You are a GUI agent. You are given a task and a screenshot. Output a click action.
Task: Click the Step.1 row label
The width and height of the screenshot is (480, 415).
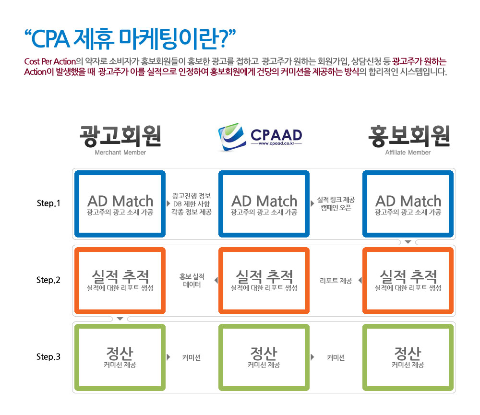[x=48, y=203]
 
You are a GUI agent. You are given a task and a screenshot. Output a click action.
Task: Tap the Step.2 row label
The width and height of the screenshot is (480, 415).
[x=48, y=280]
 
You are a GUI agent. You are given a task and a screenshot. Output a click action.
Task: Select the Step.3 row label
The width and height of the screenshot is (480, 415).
[x=48, y=357]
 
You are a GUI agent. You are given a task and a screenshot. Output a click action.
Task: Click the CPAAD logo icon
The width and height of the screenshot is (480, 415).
[x=232, y=137]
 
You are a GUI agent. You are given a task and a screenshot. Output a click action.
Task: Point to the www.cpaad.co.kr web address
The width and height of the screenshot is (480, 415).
[x=276, y=143]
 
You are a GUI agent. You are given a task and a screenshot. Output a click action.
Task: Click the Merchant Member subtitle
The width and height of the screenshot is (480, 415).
[x=120, y=153]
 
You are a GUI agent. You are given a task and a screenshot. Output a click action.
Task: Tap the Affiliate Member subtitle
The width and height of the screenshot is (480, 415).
[x=408, y=153]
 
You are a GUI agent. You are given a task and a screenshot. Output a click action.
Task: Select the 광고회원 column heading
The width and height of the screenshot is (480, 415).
[x=120, y=136]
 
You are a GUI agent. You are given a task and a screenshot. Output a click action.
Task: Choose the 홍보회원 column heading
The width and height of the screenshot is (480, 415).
[x=409, y=136]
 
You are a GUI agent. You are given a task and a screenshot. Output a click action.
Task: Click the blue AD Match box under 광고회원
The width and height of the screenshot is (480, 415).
[x=77, y=204]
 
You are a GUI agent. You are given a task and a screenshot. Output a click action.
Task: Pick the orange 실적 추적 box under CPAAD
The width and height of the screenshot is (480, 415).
[x=221, y=281]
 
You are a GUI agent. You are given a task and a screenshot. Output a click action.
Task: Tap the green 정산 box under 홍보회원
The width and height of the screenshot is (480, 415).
[x=365, y=357]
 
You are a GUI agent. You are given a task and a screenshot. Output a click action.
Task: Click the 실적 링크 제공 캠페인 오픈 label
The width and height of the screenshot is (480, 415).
[x=336, y=204]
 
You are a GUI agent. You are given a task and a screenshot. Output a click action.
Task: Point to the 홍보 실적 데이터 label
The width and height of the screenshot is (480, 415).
[x=192, y=281]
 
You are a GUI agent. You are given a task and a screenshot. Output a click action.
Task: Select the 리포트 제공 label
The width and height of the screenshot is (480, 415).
[x=336, y=281]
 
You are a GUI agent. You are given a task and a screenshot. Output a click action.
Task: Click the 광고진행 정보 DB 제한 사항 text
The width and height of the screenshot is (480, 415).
[x=192, y=200]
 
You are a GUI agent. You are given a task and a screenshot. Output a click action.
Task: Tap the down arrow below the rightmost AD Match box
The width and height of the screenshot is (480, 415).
[x=408, y=242]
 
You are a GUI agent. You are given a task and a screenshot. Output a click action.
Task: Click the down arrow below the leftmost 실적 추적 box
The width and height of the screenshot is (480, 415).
[x=120, y=319]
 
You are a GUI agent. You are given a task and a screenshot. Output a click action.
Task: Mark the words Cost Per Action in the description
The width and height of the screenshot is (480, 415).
[x=50, y=61]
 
